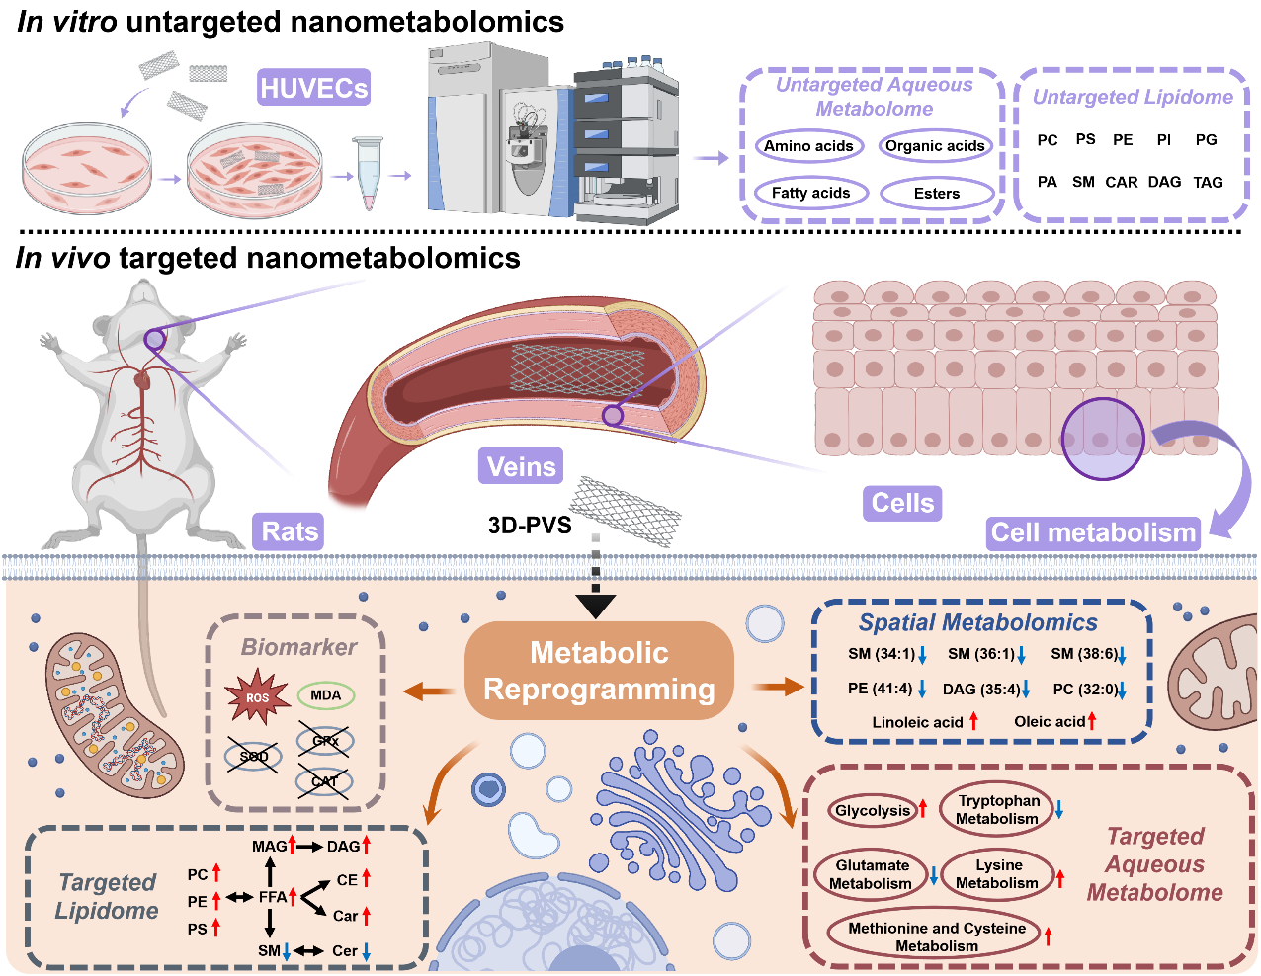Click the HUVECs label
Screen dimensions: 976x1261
313,88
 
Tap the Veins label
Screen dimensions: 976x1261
521,465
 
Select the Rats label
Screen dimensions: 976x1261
290,531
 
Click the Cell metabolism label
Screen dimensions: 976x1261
1093,532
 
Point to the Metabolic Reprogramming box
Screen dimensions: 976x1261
599,671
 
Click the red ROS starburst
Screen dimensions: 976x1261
257,697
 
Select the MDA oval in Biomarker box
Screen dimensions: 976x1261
325,695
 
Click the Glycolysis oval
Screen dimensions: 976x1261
872,811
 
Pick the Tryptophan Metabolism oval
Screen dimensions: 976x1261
997,810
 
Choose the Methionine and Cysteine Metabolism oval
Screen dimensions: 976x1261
936,936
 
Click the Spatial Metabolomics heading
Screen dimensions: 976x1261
977,623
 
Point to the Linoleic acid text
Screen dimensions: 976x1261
917,722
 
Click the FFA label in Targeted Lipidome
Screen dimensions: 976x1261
272,897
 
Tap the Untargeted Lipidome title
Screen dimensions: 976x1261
1133,97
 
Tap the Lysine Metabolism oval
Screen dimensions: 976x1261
997,874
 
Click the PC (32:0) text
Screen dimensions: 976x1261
1084,689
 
